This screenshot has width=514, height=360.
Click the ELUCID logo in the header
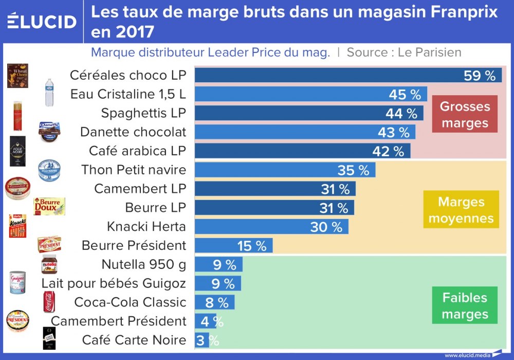tap(42, 21)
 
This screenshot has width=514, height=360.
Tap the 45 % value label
tap(405, 95)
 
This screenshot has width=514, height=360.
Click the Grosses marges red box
tap(465, 114)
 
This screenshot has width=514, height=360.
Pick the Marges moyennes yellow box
tap(461, 210)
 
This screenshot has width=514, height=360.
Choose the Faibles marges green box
tap(465, 305)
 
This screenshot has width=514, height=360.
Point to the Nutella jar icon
tap(49, 264)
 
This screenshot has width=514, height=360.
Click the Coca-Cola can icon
tap(49, 302)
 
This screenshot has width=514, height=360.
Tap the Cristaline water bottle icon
tap(49, 93)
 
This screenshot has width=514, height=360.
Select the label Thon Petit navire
tap(134, 170)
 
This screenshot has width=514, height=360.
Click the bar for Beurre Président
tap(234, 245)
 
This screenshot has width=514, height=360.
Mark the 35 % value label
tap(353, 170)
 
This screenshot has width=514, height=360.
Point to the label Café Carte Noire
tap(134, 340)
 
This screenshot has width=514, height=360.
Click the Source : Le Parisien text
tap(403, 52)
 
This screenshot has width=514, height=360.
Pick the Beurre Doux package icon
tap(49, 207)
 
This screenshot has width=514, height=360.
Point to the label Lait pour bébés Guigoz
tap(114, 283)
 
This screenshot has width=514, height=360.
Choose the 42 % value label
tap(388, 151)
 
